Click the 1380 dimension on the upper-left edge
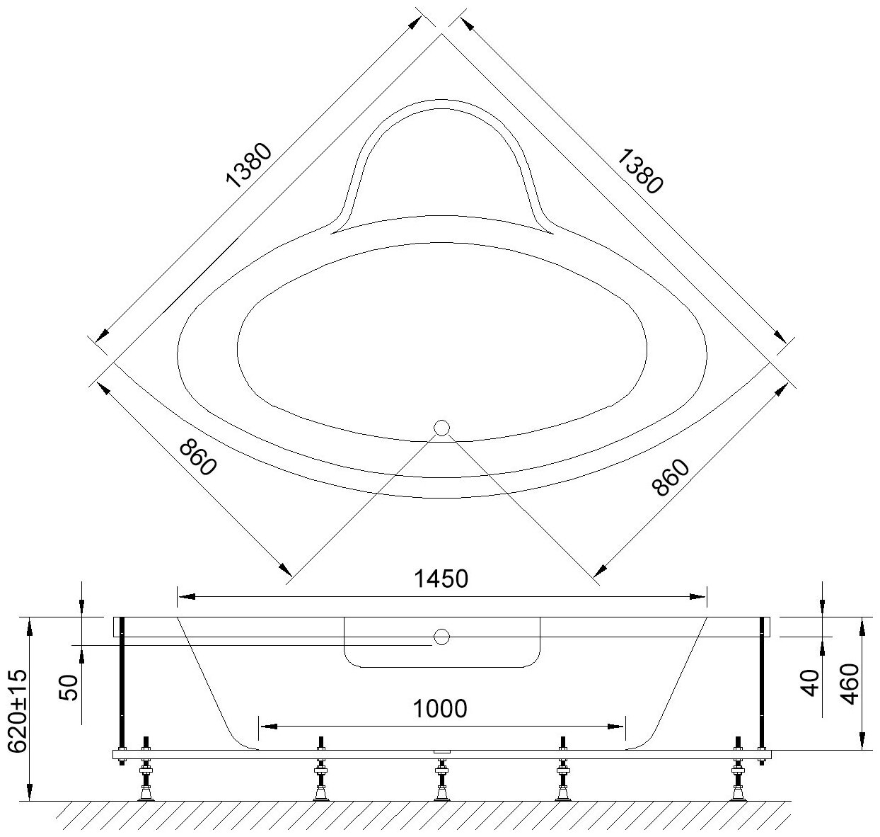(249, 165)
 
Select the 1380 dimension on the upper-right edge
(639, 171)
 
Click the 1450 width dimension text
(441, 579)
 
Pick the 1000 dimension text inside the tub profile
(439, 709)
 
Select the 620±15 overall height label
(19, 712)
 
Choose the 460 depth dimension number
(849, 684)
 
